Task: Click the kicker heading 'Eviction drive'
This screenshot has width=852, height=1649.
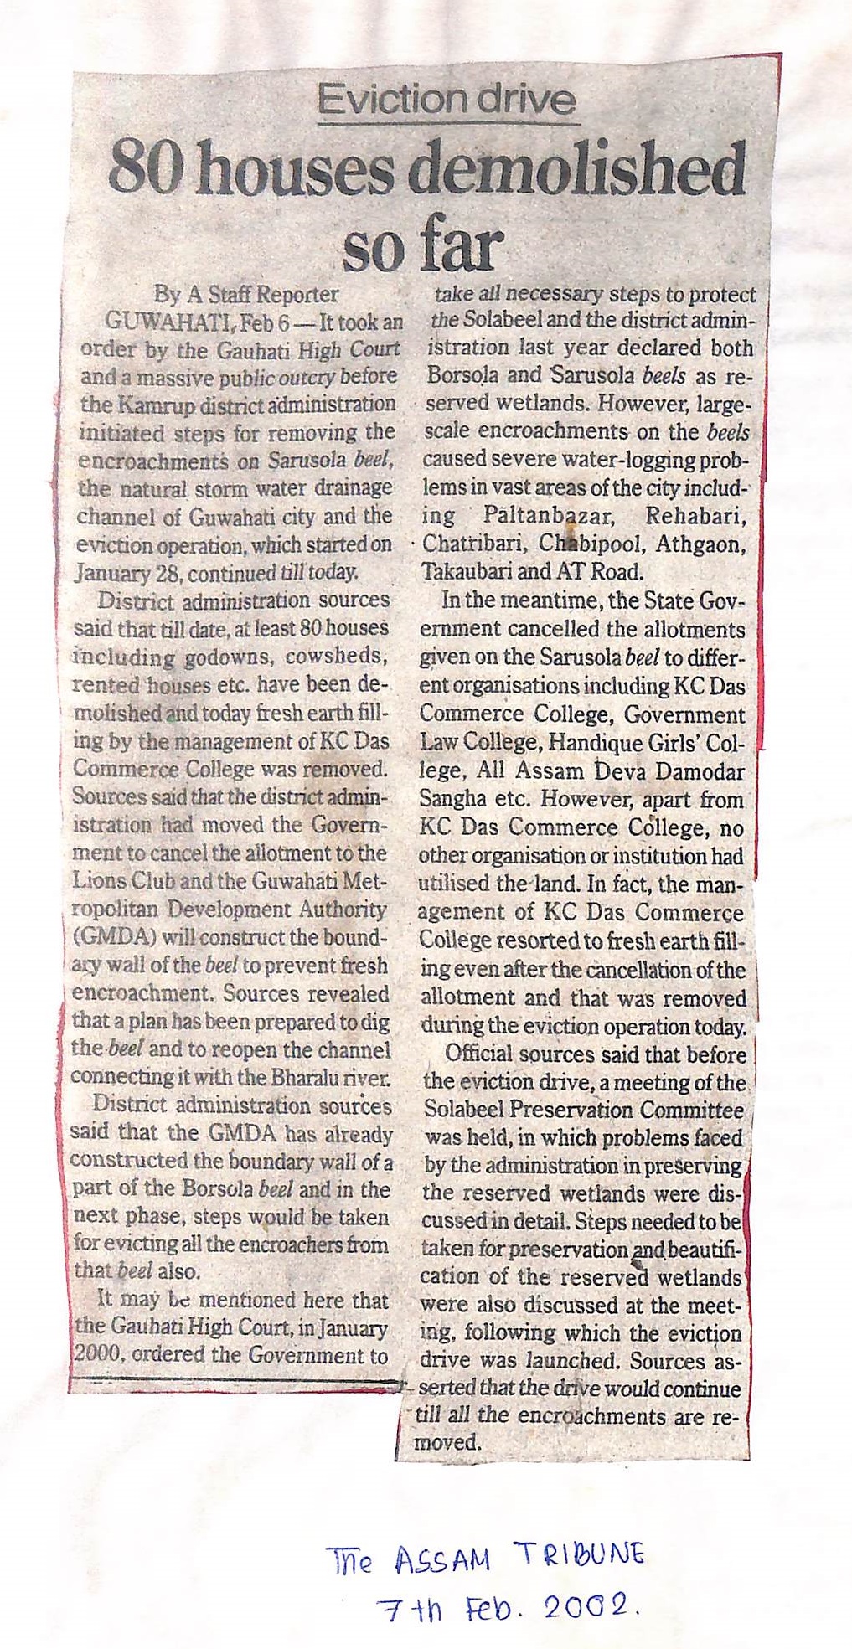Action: tap(447, 100)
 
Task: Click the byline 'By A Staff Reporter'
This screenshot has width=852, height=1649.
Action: tap(246, 294)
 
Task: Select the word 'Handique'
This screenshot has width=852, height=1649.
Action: tap(602, 743)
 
